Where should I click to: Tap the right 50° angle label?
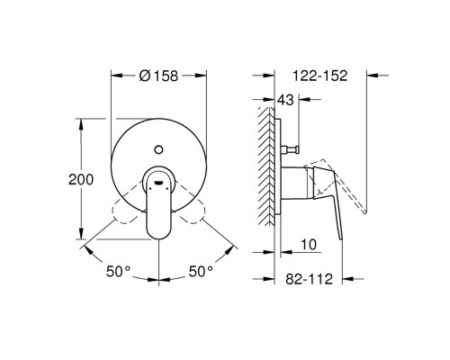(x=201, y=270)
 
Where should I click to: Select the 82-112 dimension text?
(x=308, y=281)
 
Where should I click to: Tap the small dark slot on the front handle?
(x=159, y=181)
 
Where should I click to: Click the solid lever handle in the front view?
(x=159, y=207)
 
